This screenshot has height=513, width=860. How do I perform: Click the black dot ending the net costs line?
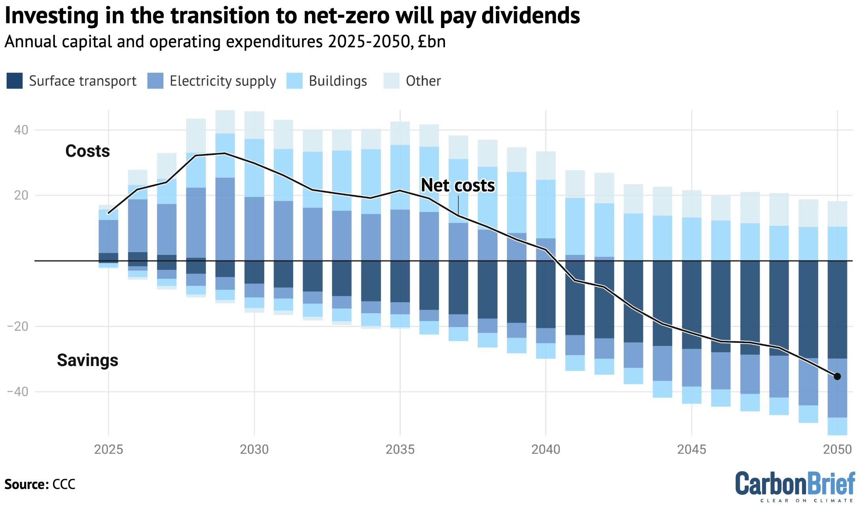click(x=837, y=376)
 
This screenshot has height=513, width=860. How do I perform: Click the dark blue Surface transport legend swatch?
click(x=15, y=81)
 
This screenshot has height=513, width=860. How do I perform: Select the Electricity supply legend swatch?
click(x=155, y=81)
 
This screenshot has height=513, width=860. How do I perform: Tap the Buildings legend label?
click(x=338, y=81)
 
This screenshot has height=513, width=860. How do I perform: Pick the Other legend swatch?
click(x=391, y=81)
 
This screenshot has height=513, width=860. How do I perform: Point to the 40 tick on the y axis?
click(x=21, y=130)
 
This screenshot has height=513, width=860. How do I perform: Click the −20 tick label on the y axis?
click(x=18, y=326)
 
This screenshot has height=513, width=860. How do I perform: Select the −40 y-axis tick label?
click(x=18, y=392)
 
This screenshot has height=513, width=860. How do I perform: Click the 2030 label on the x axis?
click(x=254, y=449)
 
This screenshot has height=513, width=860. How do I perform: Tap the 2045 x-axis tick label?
click(x=692, y=449)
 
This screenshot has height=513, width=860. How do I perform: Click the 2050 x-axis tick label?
click(x=837, y=449)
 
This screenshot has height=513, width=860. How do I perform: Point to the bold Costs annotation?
click(x=88, y=151)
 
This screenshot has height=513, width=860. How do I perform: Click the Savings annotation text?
click(x=88, y=360)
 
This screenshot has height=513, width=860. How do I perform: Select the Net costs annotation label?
click(x=458, y=185)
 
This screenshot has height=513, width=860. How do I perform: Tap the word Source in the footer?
click(x=26, y=484)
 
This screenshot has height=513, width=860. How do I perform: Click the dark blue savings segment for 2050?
click(x=837, y=309)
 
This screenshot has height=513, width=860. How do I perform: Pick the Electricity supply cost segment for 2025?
click(x=108, y=236)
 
